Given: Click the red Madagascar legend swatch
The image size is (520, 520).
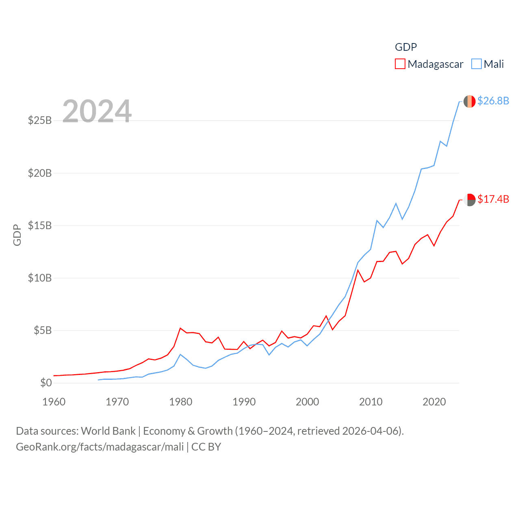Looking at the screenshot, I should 400,64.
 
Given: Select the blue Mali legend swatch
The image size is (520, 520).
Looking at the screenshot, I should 477,64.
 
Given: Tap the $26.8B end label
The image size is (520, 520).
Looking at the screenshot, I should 493,101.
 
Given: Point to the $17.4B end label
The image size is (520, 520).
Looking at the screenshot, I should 493,199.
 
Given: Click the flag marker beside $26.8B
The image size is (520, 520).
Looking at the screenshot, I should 470,101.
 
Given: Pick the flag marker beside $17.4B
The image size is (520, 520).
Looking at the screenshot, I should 470,199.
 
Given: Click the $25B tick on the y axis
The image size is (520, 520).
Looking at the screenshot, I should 40,121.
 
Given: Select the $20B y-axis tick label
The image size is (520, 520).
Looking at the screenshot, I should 40,173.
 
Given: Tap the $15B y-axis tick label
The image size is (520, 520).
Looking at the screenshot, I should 40,225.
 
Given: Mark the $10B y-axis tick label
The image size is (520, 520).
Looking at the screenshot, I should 40,278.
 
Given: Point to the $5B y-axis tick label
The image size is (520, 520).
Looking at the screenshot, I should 42,330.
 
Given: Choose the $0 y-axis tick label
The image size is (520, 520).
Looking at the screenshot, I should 46,383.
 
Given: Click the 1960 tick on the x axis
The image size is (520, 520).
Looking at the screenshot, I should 54,402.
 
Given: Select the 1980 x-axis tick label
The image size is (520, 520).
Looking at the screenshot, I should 181,402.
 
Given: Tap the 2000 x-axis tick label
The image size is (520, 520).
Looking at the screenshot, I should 308,402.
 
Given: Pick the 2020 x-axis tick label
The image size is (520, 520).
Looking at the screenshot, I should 434,402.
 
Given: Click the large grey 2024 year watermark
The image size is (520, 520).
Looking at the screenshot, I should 97,111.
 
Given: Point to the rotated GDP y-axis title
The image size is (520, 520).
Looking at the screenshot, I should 17,235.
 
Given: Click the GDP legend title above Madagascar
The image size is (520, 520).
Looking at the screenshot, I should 406,47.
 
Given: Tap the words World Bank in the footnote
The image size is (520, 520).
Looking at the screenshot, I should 108,431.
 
